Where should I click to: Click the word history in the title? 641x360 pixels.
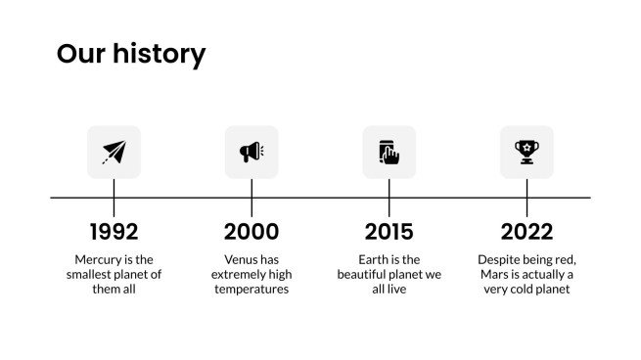pos(159,55)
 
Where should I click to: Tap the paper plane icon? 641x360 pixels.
pos(114,152)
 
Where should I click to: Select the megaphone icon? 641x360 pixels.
pos(252,152)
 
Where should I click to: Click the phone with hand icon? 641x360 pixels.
pos(389,152)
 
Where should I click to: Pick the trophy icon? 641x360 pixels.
pos(527,152)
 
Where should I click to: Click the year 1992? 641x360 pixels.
pos(114,232)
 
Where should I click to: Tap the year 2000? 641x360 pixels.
pos(252,232)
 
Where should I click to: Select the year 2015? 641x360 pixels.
pos(389,232)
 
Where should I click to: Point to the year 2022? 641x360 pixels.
pos(527,232)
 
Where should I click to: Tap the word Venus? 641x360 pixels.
pos(240,259)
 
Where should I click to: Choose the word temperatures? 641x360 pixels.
pos(252,290)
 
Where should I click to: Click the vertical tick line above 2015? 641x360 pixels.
pos(389,198)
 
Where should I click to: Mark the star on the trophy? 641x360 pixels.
pos(527,147)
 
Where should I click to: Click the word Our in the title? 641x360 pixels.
pos(81,54)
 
